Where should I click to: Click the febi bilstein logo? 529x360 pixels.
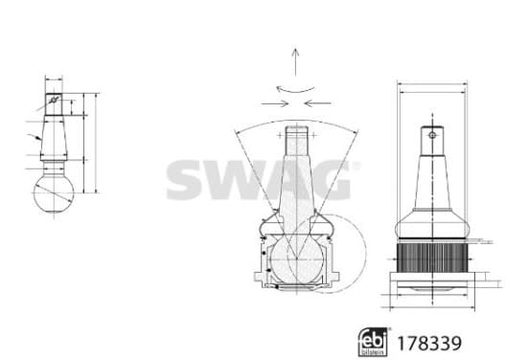coord(373,342)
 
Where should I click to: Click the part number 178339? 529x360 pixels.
coord(429,344)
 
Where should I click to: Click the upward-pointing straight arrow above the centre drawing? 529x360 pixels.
coord(295,62)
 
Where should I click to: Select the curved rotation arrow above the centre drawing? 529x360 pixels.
coord(295,91)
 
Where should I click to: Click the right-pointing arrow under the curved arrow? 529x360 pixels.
coord(275,103)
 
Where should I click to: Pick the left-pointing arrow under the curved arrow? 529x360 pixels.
coord(317,103)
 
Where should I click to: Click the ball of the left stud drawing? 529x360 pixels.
coord(54,193)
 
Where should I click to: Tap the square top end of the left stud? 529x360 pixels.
coord(54,104)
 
